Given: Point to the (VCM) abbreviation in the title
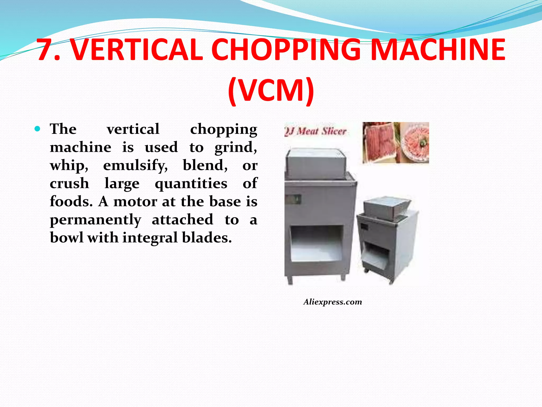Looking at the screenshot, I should pyautogui.click(x=271, y=90).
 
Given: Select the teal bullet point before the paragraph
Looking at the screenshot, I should pyautogui.click(x=37, y=129).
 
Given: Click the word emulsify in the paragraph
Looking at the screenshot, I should pyautogui.click(x=135, y=166).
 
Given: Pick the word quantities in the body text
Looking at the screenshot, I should pyautogui.click(x=191, y=184).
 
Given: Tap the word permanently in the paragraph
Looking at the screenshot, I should pyautogui.click(x=96, y=220).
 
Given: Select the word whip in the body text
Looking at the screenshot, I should pyautogui.click(x=69, y=166).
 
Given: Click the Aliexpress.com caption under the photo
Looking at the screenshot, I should pyautogui.click(x=333, y=302).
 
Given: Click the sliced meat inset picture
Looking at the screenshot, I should pyautogui.click(x=396, y=142).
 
